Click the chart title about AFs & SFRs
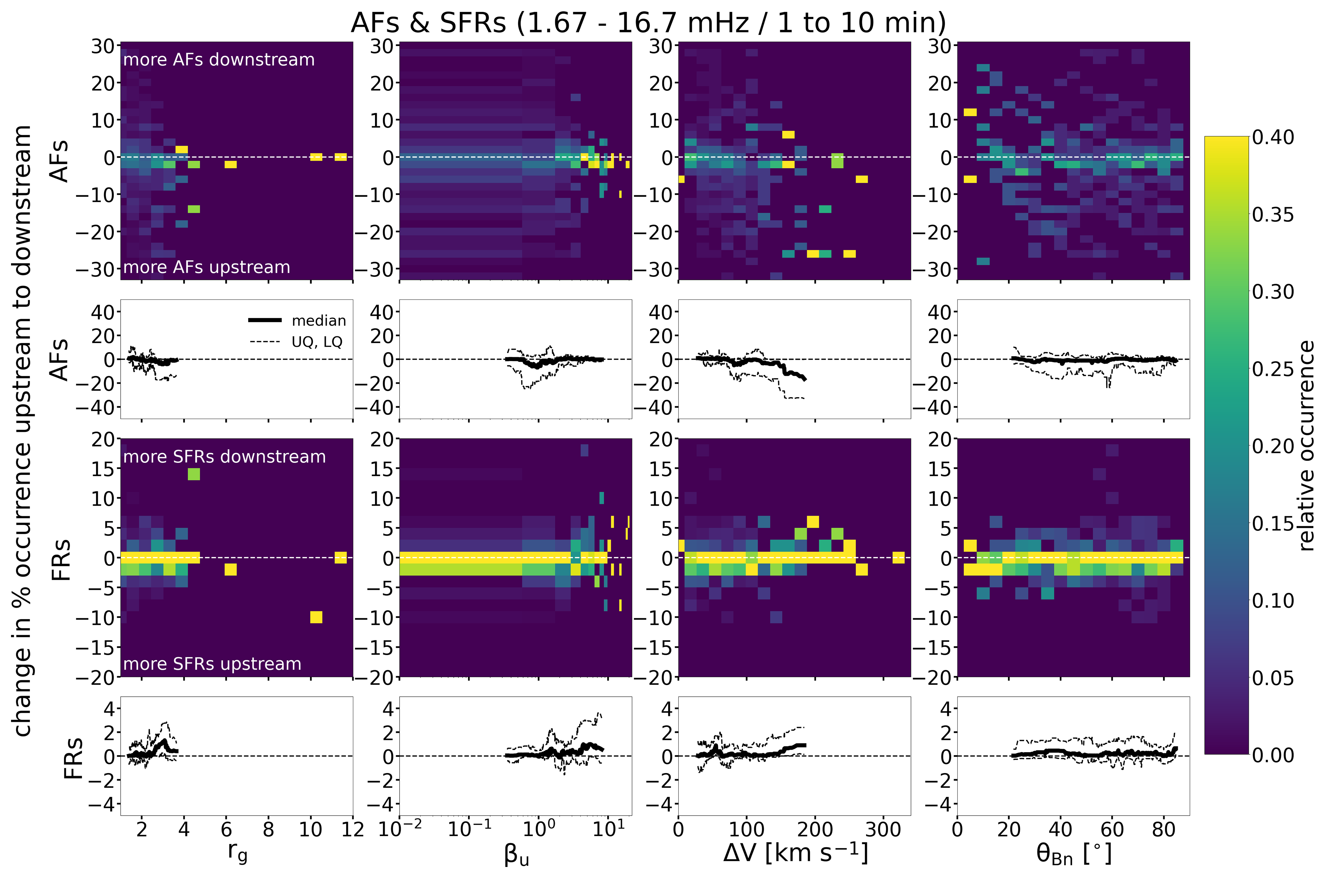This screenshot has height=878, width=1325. point(648,22)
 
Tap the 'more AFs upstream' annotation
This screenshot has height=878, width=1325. point(206,267)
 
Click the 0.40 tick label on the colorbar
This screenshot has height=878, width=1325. point(1273,137)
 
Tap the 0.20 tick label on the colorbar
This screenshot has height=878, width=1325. point(1273,446)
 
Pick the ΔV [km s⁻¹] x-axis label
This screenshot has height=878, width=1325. point(795,852)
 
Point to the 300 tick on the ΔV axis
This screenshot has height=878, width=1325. point(883,829)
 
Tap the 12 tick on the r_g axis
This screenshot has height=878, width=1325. point(353,829)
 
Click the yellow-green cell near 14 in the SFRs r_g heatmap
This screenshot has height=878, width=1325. point(193,474)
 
